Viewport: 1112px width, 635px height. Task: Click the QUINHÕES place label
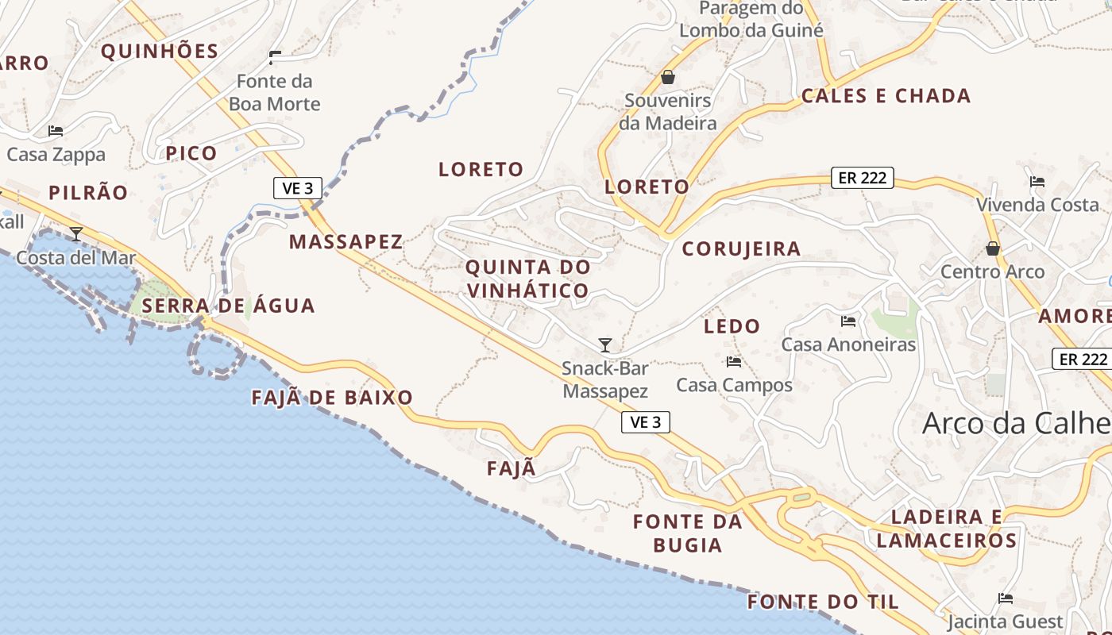[x=160, y=52]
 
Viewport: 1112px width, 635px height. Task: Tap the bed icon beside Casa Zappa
[x=56, y=131]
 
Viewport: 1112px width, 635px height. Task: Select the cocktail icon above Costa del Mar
[x=76, y=234]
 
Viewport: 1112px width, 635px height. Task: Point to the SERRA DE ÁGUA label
[x=229, y=306]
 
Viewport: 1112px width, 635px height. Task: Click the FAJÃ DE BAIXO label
[x=332, y=398]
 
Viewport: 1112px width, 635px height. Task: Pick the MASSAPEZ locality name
[x=346, y=242]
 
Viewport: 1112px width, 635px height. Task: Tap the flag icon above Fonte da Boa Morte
[x=275, y=58]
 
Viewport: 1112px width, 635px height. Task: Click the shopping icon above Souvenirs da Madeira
[x=668, y=77]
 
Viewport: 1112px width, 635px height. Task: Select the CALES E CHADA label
[x=886, y=96]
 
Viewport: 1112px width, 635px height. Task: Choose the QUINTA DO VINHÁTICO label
[x=528, y=279]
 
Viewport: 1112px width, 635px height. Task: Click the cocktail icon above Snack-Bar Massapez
[x=605, y=344]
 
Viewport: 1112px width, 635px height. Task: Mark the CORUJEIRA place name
[x=741, y=249]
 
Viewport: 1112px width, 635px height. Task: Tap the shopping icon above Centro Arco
[x=993, y=248]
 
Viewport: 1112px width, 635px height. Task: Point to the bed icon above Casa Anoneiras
[x=848, y=321]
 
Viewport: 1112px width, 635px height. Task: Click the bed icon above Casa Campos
[x=734, y=362]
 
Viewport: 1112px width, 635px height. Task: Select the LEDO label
[x=732, y=326]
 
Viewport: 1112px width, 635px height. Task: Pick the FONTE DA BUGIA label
[x=688, y=533]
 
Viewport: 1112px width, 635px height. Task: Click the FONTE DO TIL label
[x=823, y=602]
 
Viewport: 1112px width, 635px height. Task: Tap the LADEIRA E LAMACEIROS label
[x=946, y=529]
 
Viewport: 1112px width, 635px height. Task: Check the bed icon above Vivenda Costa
[x=1037, y=182]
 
